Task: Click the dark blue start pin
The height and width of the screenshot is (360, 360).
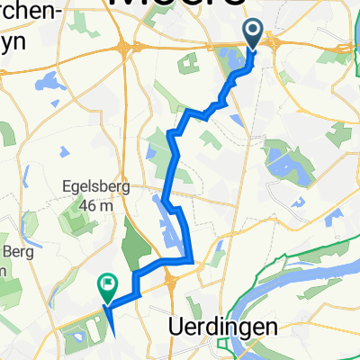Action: [x=252, y=34]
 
